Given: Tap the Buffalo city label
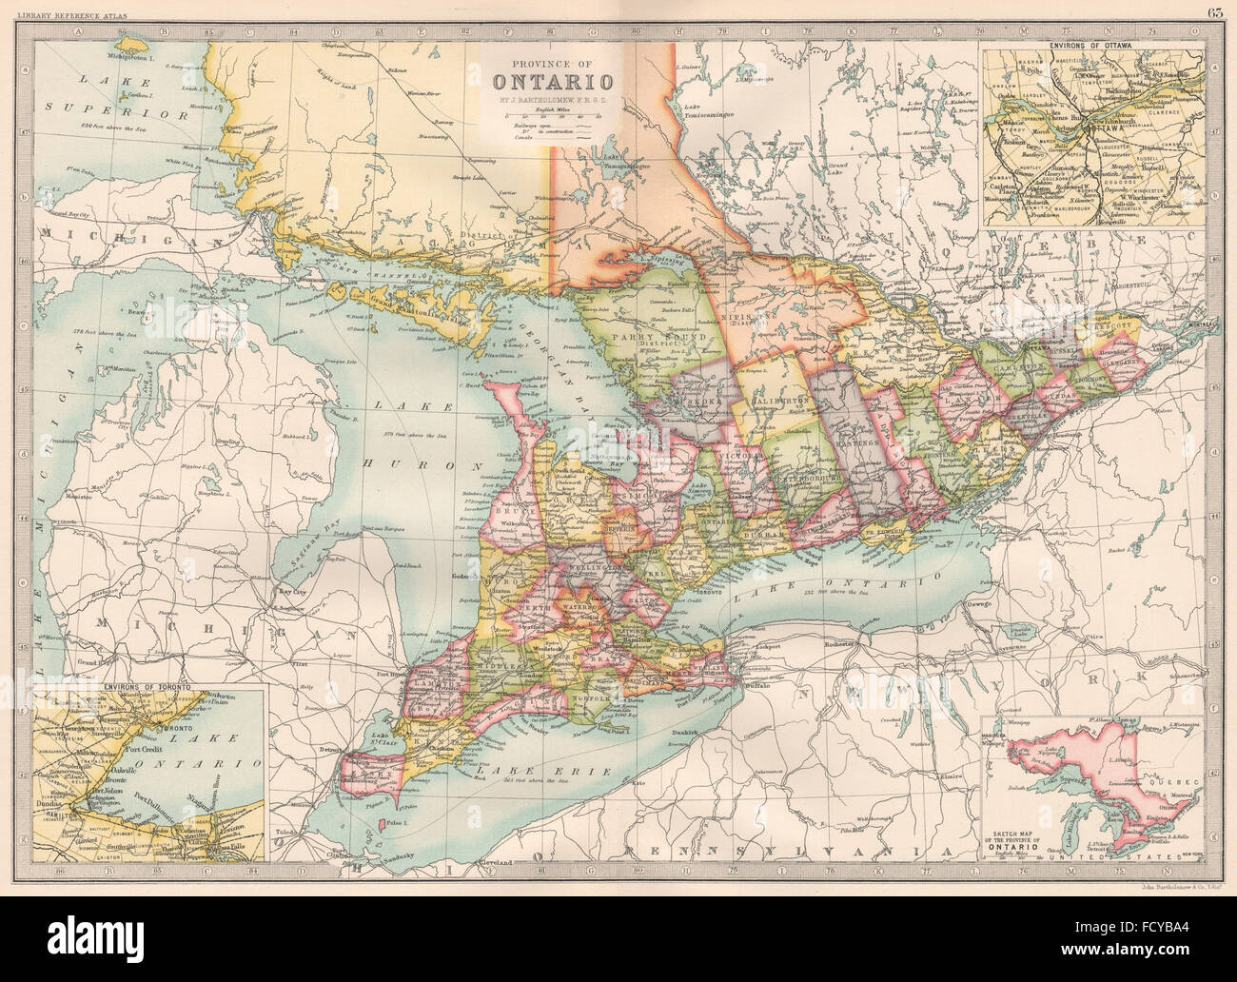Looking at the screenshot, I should [x=758, y=685].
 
